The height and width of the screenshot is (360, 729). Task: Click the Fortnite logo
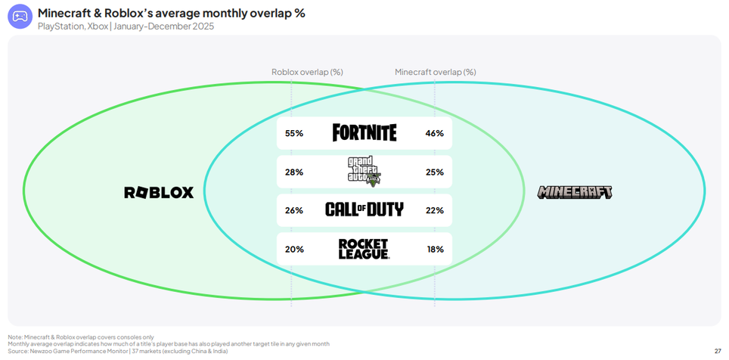click(364, 133)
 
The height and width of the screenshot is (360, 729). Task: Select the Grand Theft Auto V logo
click(364, 172)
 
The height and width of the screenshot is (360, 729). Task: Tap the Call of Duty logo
click(364, 209)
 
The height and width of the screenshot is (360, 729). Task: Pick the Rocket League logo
click(364, 249)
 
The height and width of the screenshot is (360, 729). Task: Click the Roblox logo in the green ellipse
click(159, 192)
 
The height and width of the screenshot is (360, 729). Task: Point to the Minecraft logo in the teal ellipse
click(575, 192)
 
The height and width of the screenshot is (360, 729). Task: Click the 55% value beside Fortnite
click(294, 133)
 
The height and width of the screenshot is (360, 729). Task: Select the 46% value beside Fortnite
click(434, 133)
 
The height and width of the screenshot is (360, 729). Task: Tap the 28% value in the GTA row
click(294, 172)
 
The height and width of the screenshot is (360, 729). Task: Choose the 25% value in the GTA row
click(434, 172)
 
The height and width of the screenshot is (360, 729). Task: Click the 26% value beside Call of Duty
click(294, 210)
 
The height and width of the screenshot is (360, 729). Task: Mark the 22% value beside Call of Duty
click(434, 210)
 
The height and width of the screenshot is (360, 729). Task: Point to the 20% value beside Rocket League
click(294, 249)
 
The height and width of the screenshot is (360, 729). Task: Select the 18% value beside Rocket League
click(434, 249)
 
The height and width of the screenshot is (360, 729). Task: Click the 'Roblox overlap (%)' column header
click(307, 72)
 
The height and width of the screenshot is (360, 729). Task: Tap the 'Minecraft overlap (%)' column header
click(435, 72)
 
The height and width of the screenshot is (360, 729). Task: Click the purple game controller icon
click(20, 16)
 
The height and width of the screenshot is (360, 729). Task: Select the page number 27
click(717, 351)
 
